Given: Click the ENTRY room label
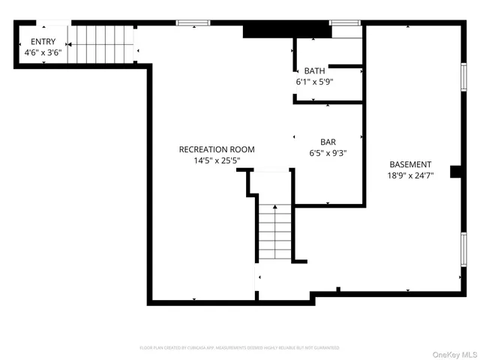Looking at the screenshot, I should click(42, 42).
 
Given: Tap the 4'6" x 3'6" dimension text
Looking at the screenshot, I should click(42, 52).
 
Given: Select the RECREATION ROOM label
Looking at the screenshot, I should click(217, 149).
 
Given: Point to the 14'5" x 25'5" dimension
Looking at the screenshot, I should click(217, 160).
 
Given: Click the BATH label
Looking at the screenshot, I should click(314, 70).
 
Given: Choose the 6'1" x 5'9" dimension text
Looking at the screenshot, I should click(314, 81).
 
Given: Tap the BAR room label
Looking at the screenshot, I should click(328, 141).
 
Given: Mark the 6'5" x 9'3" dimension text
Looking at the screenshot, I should click(328, 151).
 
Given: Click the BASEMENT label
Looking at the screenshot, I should click(410, 164).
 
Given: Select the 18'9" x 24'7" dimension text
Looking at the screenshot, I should click(410, 175).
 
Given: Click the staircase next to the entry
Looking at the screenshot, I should click(100, 44).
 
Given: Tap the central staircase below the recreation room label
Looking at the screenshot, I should click(275, 232).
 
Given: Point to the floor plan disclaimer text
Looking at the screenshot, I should click(239, 348).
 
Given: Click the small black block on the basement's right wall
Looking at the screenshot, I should click(455, 172).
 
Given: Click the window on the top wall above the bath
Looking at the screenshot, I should click(345, 23).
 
